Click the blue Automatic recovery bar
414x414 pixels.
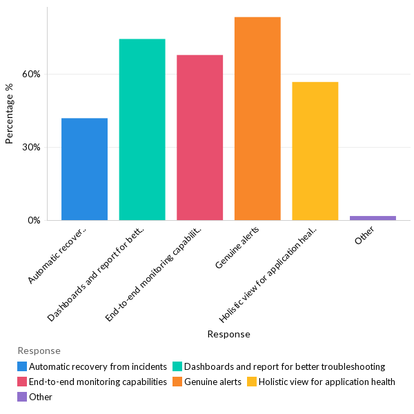[84, 169]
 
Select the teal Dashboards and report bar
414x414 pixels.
[142, 130]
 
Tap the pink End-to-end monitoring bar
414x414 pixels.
[199, 137]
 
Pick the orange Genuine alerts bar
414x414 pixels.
[257, 119]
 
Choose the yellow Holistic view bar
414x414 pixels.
[315, 151]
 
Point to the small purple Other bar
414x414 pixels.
[373, 218]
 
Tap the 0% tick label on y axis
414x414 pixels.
[34, 221]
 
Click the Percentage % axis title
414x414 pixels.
[10, 114]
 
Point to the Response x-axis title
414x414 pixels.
[228, 334]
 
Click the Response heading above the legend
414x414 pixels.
[39, 351]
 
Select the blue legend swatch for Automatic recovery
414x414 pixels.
[22, 366]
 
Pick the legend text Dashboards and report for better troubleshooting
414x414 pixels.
[284, 366]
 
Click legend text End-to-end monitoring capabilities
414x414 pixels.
[98, 382]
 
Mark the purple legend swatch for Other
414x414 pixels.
[22, 397]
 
